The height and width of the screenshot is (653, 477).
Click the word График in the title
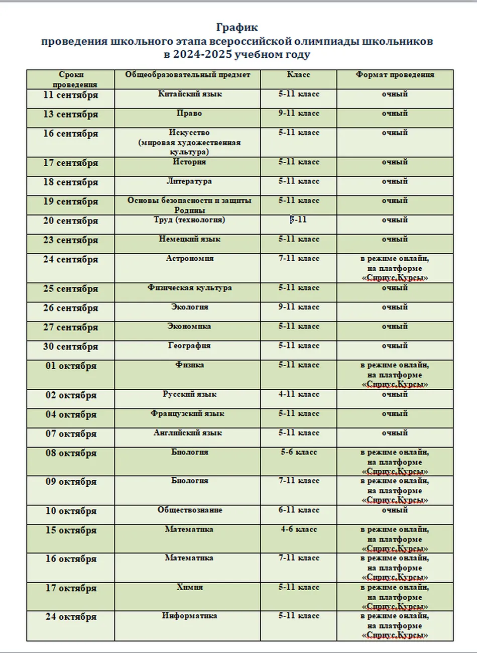[x=237, y=28]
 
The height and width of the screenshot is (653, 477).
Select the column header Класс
[x=299, y=75]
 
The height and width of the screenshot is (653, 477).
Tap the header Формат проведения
[x=395, y=75]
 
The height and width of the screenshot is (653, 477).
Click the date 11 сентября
[x=71, y=95]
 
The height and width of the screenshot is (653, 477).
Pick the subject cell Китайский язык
[x=190, y=94]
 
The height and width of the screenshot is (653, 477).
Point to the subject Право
[x=189, y=114]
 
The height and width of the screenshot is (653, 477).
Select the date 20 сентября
[x=71, y=221]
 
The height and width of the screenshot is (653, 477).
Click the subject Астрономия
[x=190, y=259]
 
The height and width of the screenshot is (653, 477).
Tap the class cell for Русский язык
[x=299, y=394]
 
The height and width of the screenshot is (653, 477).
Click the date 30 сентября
[x=71, y=347]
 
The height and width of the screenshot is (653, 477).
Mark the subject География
[x=189, y=346]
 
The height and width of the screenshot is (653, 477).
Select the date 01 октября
[x=71, y=366]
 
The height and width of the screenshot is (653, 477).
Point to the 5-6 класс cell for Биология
[x=299, y=452]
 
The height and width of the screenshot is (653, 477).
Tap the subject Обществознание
[x=190, y=510]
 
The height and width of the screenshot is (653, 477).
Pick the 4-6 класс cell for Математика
[x=299, y=529]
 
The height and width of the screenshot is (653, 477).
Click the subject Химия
[x=190, y=587]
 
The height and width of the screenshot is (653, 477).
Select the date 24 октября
[x=71, y=617]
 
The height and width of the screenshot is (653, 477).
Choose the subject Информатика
[x=190, y=616]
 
